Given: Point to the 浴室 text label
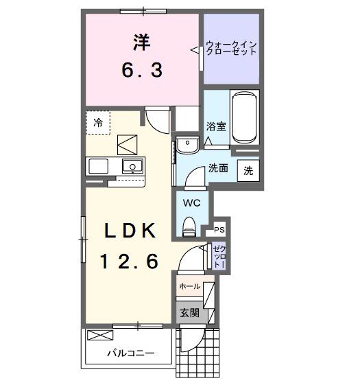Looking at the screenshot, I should [217, 126].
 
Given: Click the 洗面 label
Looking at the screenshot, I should [219, 168].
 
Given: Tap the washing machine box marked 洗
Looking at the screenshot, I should [248, 170].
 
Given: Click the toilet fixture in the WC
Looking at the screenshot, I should [190, 224].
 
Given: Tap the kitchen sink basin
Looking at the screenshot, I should [131, 166].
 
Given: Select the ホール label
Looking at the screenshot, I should [189, 286].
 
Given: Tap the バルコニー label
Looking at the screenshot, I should [129, 354].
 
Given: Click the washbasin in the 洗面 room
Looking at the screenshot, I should [186, 144].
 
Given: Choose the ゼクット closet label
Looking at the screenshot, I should [217, 256].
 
